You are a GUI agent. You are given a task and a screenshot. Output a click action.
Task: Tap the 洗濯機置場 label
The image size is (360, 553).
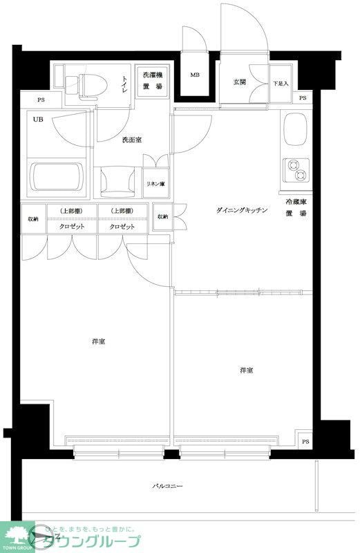[x=152, y=81]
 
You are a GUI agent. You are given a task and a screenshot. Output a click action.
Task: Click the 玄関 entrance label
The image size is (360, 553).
[x=239, y=82]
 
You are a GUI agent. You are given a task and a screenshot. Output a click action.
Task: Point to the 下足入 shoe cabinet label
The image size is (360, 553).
[x=281, y=84]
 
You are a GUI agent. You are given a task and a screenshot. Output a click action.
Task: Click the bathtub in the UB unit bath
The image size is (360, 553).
[x=56, y=178]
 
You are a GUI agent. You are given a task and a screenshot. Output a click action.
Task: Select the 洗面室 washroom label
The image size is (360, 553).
[x=131, y=140]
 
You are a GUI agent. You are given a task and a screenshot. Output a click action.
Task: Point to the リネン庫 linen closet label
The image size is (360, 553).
[x=155, y=183]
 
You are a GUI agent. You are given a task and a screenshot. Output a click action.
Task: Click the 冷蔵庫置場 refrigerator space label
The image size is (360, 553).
[x=296, y=207]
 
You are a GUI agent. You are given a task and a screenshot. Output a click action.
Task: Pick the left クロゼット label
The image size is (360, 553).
[x=71, y=227]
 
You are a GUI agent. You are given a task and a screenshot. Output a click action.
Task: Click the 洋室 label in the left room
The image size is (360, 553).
[x=97, y=341]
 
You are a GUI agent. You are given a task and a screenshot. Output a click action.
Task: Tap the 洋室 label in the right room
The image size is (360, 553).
[x=246, y=371]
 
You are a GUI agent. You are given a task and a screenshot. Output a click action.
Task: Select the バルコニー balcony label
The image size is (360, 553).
[x=167, y=487]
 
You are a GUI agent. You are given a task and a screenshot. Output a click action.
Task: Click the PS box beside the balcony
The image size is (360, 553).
[x=305, y=441]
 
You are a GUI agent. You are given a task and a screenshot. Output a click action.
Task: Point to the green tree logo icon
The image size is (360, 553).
[x=19, y=536]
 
